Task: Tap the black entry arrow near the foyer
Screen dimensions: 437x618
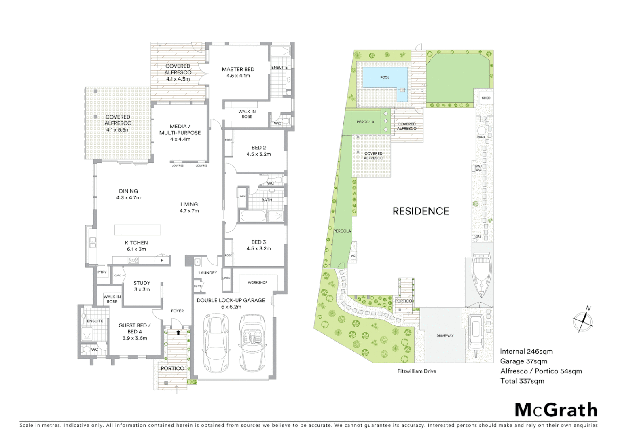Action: pyautogui.click(x=178, y=332)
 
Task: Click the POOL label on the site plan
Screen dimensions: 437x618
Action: pyautogui.click(x=385, y=77)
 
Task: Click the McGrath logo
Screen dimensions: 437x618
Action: pyautogui.click(x=556, y=410)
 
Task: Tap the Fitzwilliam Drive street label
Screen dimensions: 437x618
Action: pyautogui.click(x=417, y=371)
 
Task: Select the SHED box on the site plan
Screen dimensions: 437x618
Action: pyautogui.click(x=486, y=98)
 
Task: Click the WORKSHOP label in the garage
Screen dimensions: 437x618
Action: pyautogui.click(x=257, y=282)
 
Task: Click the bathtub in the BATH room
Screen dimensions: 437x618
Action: pyautogui.click(x=253, y=216)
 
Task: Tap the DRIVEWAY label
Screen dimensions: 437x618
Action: pyautogui.click(x=445, y=335)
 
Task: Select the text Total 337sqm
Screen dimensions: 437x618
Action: pyautogui.click(x=522, y=381)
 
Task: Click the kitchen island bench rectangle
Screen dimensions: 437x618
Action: pyautogui.click(x=138, y=230)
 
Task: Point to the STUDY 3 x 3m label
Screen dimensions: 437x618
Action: pyautogui.click(x=142, y=286)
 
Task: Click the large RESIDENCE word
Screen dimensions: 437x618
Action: pyautogui.click(x=421, y=211)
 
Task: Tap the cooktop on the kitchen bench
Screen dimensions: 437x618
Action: pyautogui.click(x=133, y=261)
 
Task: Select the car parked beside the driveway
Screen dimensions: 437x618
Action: pyautogui.click(x=476, y=333)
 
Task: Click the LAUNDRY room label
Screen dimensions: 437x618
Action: pyautogui.click(x=207, y=273)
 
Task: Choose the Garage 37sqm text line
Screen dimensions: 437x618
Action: pyautogui.click(x=523, y=361)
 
